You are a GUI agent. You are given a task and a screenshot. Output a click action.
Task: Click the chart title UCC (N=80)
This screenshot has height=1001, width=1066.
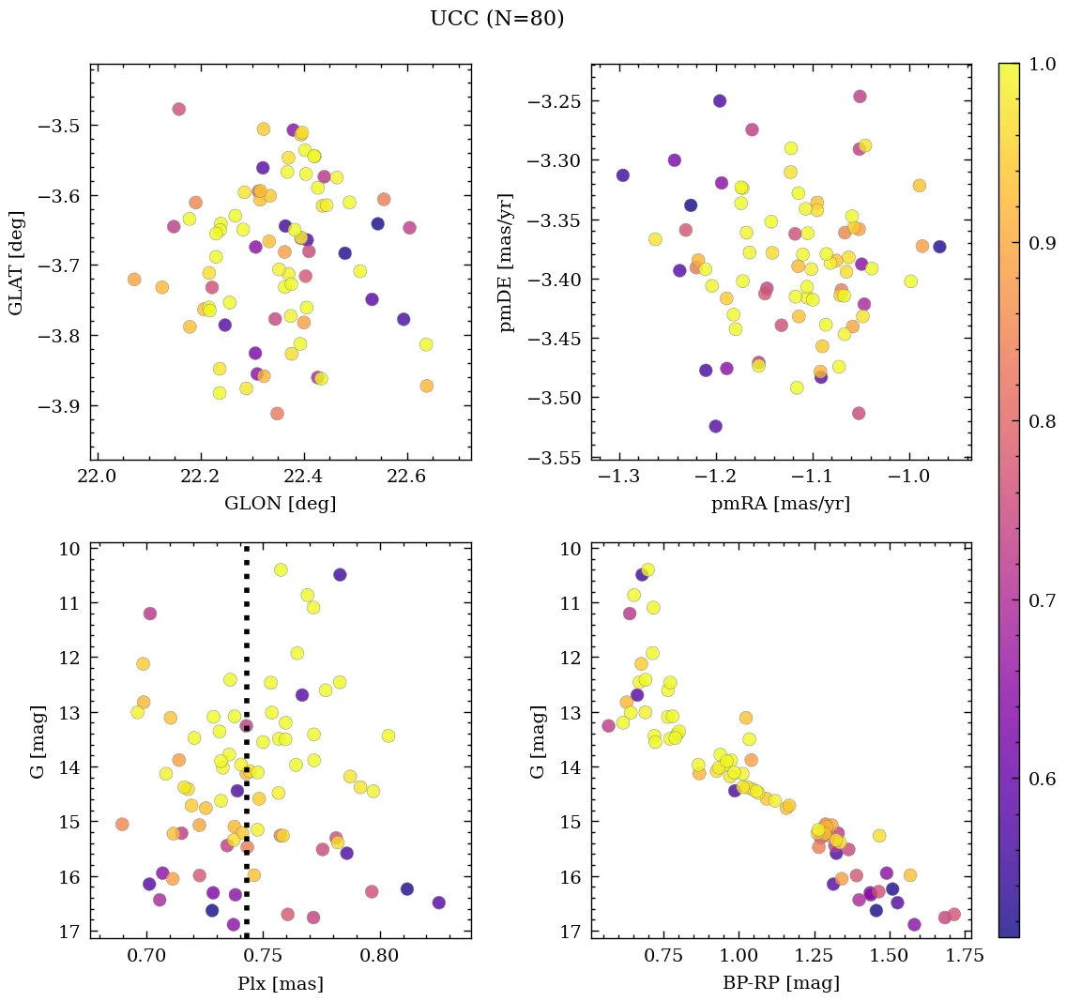tap(496, 19)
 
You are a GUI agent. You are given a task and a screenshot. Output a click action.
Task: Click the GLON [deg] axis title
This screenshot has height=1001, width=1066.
tap(280, 504)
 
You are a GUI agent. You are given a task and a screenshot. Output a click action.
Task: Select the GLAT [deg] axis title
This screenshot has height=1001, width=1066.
tap(17, 262)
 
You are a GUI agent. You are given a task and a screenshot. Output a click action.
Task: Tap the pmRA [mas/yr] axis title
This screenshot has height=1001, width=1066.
tap(781, 504)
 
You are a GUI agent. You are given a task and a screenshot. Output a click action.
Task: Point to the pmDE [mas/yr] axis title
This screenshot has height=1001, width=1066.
tap(508, 262)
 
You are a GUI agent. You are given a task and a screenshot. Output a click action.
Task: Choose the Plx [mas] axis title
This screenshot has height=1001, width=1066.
tap(280, 983)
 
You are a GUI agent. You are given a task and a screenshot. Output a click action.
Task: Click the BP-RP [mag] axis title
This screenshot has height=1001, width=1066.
tap(781, 983)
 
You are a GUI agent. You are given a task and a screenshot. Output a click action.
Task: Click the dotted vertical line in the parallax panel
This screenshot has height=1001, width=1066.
tap(246, 751)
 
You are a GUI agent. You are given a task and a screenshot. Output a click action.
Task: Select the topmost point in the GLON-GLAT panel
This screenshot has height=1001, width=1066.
tap(179, 109)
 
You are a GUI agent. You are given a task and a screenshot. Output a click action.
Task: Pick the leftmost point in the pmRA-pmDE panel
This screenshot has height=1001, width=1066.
tap(622, 175)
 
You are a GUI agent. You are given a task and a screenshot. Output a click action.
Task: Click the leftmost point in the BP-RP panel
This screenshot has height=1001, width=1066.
tap(608, 725)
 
